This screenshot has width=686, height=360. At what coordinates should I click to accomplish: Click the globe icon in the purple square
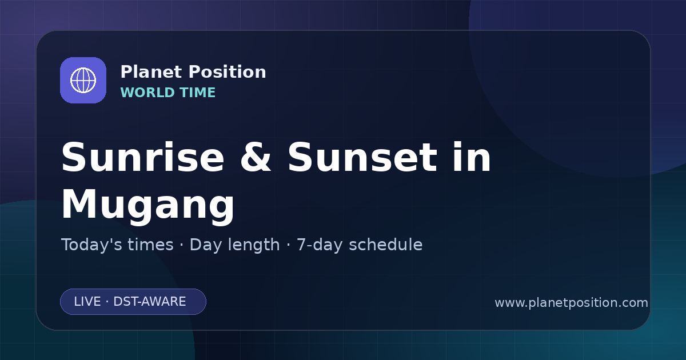(83, 80)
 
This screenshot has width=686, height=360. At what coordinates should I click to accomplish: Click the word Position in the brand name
(228, 72)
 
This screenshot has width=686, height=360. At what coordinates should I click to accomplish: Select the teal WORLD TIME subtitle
(168, 93)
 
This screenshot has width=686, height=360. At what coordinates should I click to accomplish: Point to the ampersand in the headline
(256, 157)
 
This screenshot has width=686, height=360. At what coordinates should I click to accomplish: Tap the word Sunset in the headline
(362, 157)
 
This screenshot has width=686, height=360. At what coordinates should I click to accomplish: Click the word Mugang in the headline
(148, 205)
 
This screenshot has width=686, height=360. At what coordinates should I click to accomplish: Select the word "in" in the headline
(472, 157)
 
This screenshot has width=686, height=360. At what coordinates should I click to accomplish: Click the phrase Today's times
(118, 245)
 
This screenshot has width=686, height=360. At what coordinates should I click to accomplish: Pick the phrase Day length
(235, 245)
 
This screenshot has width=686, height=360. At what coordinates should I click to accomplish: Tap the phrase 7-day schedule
(360, 245)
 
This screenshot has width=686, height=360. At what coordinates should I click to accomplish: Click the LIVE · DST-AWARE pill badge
(133, 302)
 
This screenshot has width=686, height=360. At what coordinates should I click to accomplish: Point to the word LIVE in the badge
(87, 302)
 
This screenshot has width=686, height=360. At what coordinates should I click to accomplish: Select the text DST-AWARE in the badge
(150, 302)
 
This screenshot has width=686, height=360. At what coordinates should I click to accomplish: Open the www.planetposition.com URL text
(572, 303)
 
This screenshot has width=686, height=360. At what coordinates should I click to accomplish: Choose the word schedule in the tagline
(386, 245)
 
